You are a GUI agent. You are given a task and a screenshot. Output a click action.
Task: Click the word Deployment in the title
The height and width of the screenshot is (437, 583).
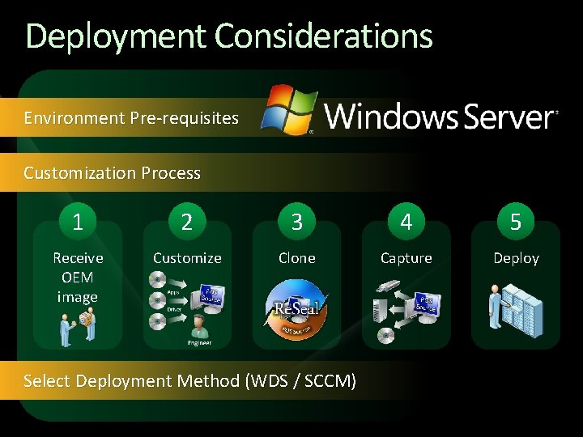click(x=117, y=36)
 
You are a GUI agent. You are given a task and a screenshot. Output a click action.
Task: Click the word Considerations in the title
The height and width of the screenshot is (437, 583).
click(x=324, y=36)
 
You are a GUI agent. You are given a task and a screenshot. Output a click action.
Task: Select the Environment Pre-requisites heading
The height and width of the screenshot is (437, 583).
click(x=131, y=118)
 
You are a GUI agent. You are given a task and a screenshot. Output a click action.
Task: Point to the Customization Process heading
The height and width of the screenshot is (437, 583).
click(x=112, y=172)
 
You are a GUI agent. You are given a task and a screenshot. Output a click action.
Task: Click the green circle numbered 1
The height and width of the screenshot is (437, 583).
click(x=78, y=221)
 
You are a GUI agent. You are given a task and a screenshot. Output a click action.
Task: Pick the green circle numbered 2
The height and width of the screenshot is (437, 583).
click(x=187, y=221)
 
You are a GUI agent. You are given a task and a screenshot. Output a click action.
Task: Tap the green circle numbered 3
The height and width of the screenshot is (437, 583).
click(x=296, y=221)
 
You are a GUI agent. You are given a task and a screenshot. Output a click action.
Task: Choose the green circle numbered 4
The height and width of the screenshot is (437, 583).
click(x=406, y=221)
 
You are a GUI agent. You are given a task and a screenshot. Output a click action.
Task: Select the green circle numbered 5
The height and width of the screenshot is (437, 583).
click(x=516, y=221)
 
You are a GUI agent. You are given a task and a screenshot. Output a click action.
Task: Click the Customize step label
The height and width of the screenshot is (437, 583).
click(x=187, y=258)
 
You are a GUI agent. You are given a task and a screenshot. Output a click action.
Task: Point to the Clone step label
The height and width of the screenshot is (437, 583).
click(x=296, y=258)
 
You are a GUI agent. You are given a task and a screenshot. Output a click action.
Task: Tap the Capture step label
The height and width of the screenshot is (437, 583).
click(x=406, y=258)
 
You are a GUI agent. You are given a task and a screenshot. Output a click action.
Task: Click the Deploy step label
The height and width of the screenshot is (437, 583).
click(x=516, y=258)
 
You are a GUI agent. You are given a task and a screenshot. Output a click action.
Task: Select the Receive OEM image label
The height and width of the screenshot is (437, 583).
click(x=78, y=277)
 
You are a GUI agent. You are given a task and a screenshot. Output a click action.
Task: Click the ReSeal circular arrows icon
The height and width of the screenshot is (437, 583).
click(x=296, y=309)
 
